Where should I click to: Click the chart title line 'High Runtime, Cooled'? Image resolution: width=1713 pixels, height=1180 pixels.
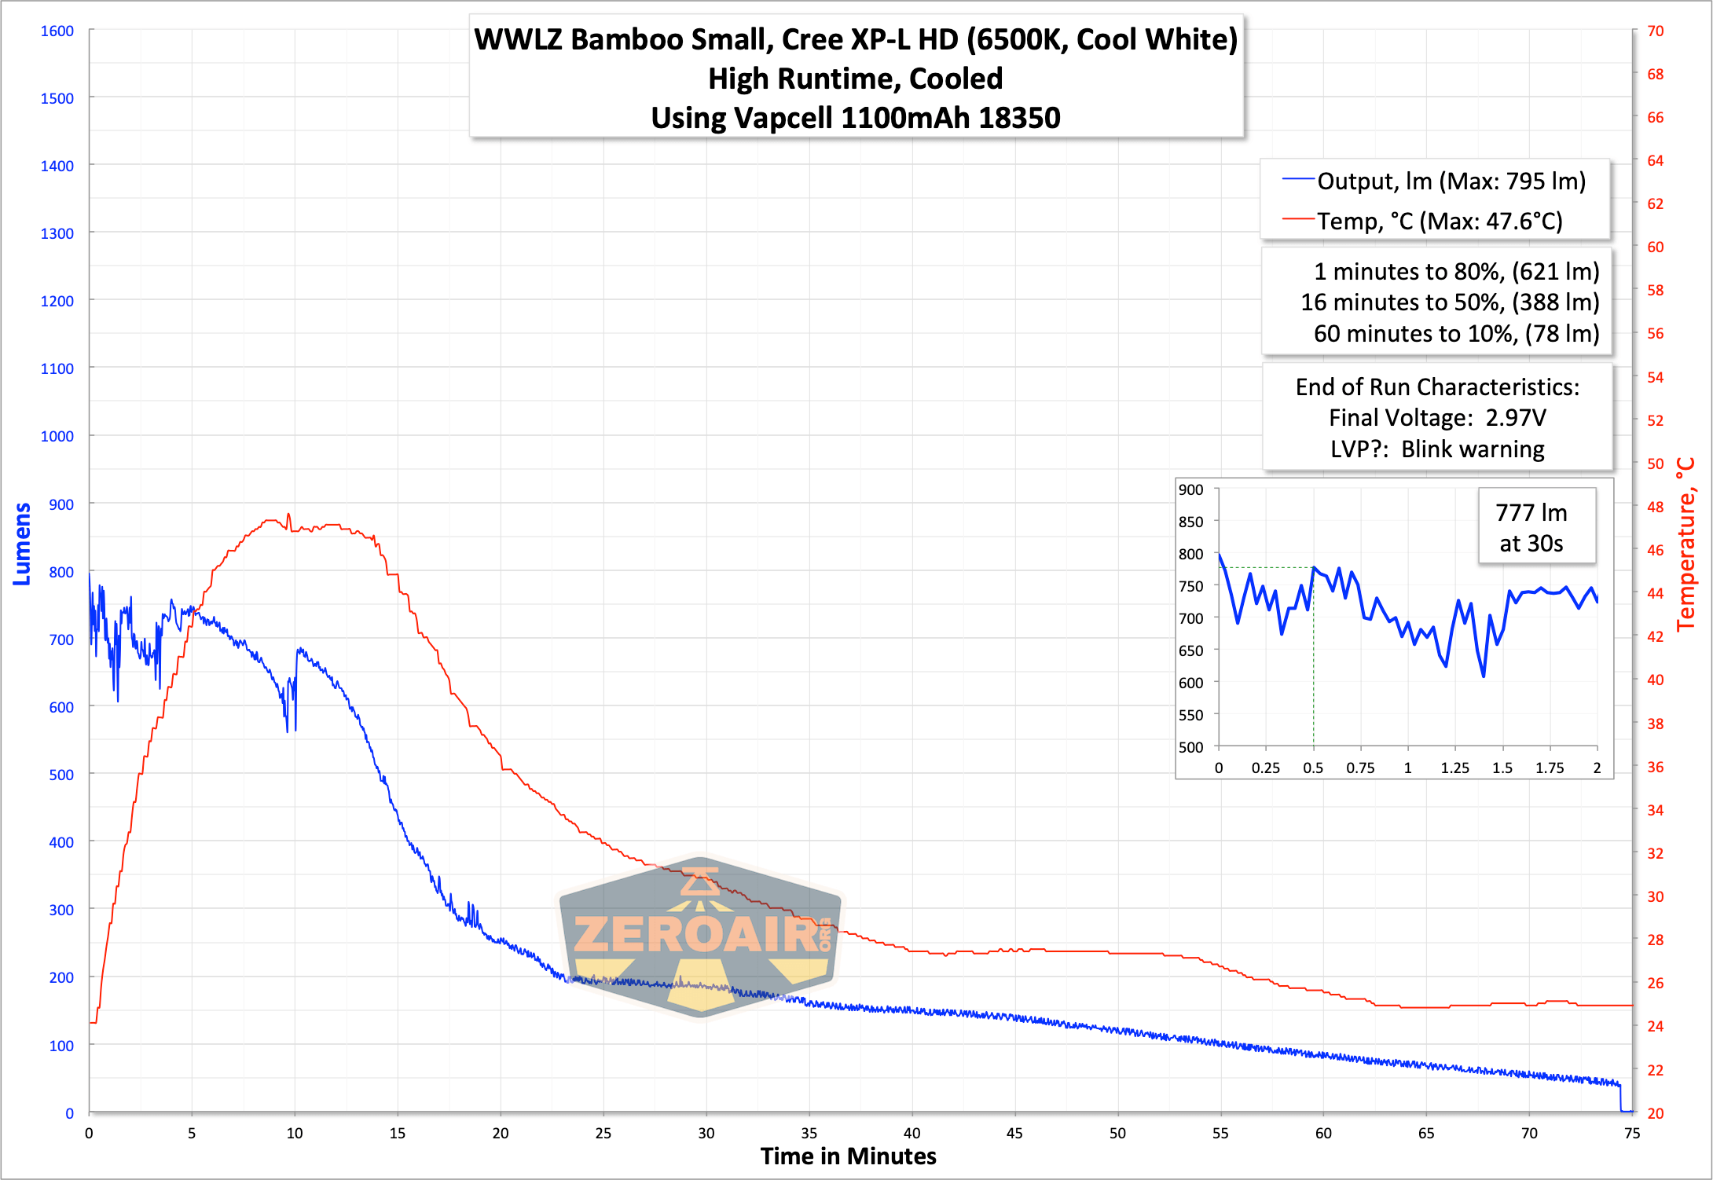(x=855, y=79)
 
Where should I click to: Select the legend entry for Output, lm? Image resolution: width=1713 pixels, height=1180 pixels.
(x=1434, y=181)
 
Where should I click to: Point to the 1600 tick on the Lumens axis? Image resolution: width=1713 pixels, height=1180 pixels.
(x=57, y=31)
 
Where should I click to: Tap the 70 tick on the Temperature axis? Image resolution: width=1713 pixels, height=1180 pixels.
(x=1655, y=31)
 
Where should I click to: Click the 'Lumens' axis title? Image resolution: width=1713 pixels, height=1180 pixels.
(x=22, y=544)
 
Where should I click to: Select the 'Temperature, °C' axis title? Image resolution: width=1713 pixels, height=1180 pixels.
(x=1685, y=544)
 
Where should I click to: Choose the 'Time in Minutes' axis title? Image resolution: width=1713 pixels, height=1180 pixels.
(x=848, y=1156)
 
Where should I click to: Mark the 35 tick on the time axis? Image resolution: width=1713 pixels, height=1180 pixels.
(x=809, y=1133)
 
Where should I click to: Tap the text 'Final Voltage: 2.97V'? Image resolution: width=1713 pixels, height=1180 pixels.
(x=1437, y=418)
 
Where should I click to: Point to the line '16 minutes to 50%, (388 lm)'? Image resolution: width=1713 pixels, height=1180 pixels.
(x=1450, y=302)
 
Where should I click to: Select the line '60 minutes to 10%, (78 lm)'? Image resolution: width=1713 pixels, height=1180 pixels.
(x=1456, y=334)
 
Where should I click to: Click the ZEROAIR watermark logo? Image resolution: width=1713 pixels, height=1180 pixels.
(x=699, y=935)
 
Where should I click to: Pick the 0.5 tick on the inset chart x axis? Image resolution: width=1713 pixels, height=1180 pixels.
(x=1313, y=768)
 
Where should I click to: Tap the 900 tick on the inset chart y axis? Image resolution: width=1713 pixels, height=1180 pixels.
(x=1190, y=489)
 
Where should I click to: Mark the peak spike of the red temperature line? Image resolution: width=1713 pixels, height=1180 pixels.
(x=288, y=515)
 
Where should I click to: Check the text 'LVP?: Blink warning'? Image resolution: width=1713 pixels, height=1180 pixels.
(x=1437, y=449)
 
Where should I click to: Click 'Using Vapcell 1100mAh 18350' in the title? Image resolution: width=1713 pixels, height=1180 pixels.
(x=855, y=118)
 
